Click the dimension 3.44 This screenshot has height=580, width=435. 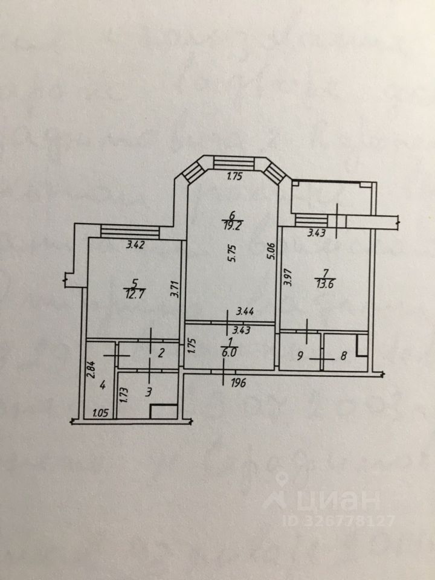coord(245,312)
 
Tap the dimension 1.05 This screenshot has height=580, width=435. coord(100,413)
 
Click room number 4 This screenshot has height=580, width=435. coord(103,384)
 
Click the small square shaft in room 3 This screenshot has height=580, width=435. coord(163,411)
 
